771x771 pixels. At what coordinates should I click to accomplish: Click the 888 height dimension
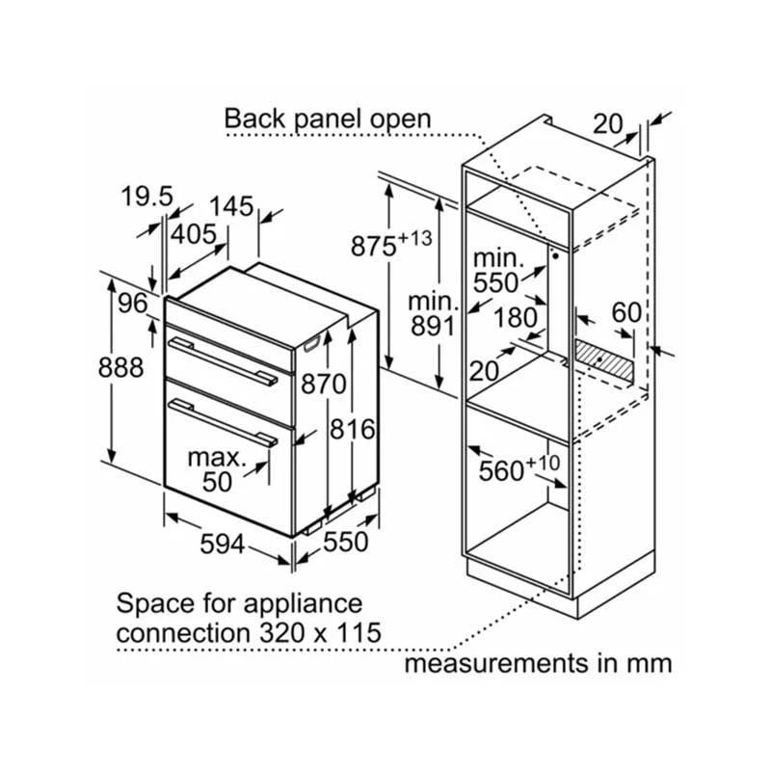tap(121, 368)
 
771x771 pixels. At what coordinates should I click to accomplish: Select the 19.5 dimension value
tap(146, 198)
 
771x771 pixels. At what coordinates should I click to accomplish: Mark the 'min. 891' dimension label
tap(430, 313)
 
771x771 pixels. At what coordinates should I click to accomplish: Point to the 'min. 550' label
tap(497, 271)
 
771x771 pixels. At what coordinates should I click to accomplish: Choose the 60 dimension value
tap(626, 312)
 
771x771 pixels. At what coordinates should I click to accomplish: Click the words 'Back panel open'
tap(328, 120)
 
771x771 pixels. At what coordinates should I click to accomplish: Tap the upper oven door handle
tap(220, 357)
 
